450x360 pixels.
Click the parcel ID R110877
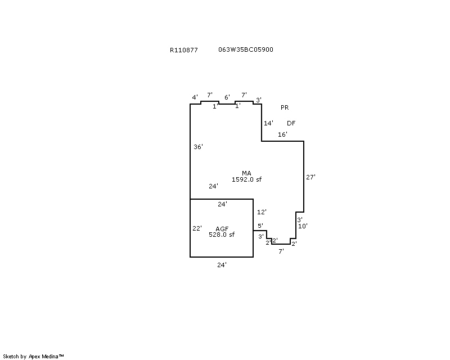(184, 50)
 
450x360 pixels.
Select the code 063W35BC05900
(246, 49)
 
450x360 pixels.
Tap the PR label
(285, 107)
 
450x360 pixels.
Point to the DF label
(291, 123)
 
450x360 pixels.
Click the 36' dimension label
(199, 147)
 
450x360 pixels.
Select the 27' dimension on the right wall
(310, 177)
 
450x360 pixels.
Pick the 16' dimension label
(282, 134)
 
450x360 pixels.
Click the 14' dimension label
(268, 123)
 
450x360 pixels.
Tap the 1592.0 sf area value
(246, 179)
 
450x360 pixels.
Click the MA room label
(246, 173)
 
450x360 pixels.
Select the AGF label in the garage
(222, 229)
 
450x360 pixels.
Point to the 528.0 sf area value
(222, 235)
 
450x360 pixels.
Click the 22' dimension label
(197, 228)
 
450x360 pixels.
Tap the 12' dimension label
(262, 212)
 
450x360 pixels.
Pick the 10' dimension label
(303, 226)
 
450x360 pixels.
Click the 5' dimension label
(260, 226)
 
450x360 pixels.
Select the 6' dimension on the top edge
(227, 97)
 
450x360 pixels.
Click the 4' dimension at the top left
(195, 97)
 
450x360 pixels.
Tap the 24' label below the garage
(222, 265)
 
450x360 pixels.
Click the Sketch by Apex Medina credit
(33, 357)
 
